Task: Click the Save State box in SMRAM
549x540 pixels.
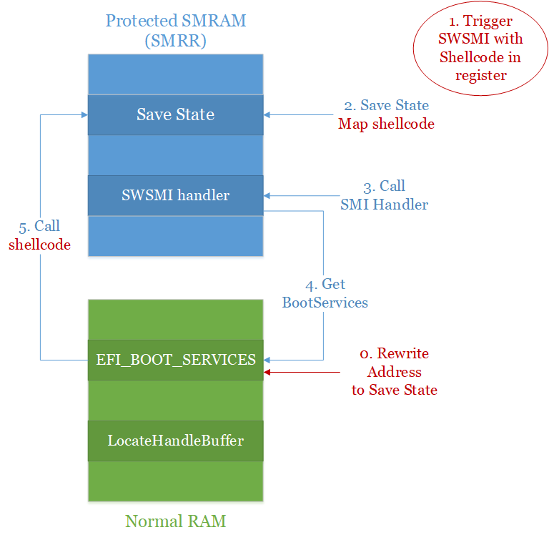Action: pos(175,114)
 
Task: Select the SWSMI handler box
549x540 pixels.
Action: pos(175,195)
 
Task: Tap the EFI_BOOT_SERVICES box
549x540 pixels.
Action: pos(175,360)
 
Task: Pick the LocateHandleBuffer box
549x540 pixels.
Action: pos(175,441)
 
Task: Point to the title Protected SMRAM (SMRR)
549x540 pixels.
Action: pos(175,30)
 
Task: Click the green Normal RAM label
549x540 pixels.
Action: pos(175,521)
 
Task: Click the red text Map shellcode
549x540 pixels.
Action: pos(386,124)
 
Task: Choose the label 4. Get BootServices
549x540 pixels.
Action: pos(325,293)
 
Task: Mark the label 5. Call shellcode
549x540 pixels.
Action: pos(39,235)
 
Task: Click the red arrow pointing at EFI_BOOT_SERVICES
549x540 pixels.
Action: pos(300,372)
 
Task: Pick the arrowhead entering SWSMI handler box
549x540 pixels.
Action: pos(268,195)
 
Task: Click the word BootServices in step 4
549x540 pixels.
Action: pos(325,303)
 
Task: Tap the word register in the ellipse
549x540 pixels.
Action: pos(480,75)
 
